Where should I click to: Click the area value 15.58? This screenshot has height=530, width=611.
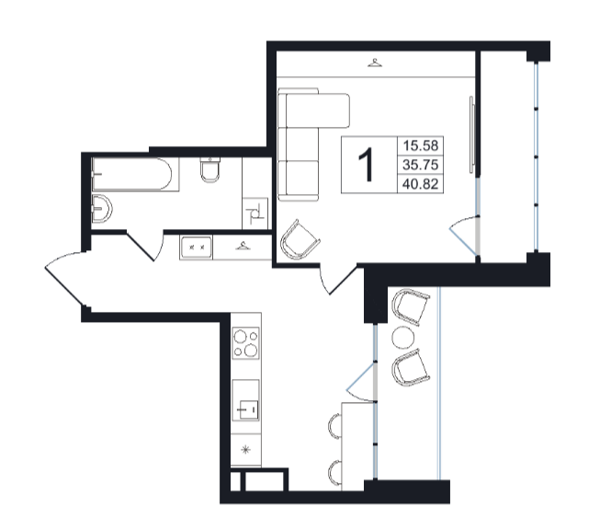point(421,145)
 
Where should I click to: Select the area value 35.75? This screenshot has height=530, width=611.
point(421,165)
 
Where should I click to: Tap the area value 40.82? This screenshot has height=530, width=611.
point(421,183)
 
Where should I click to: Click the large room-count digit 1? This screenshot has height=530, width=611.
point(367,165)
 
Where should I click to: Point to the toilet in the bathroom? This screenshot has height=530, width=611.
point(210,170)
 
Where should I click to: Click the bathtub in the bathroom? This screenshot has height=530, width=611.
point(131,174)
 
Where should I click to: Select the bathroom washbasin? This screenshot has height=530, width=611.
point(102,208)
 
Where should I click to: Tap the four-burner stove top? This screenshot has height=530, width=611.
point(245,343)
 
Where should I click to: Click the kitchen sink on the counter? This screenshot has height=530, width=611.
point(246,400)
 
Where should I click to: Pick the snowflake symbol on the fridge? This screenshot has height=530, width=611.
point(245,450)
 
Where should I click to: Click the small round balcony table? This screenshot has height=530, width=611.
point(403,338)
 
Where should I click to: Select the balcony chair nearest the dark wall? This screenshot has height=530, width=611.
point(411,306)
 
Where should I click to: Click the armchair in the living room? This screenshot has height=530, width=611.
point(300,239)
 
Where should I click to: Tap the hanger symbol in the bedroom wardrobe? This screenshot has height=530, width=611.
point(375,63)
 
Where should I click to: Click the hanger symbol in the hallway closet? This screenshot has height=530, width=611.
point(243,246)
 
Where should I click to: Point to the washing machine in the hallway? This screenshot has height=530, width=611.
point(196,247)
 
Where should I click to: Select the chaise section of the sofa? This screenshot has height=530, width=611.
point(314,110)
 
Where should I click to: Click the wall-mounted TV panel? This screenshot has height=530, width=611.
point(472,134)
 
